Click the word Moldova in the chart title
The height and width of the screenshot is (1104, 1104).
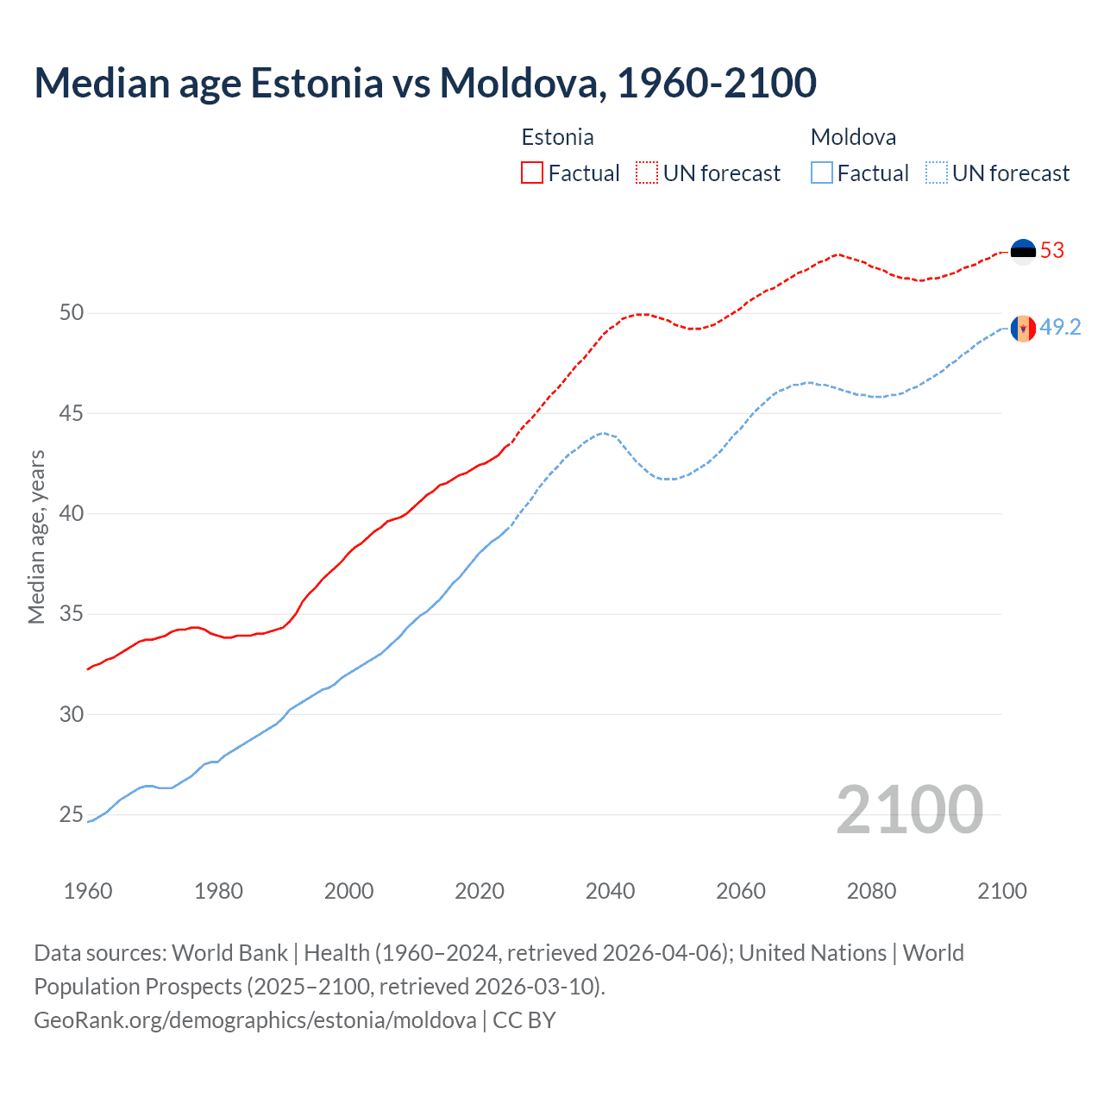pyautogui.click(x=517, y=83)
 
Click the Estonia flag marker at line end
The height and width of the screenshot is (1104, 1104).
pyautogui.click(x=1023, y=252)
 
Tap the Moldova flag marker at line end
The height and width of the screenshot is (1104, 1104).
pyautogui.click(x=1023, y=329)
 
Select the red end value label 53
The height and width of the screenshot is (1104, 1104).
pyautogui.click(x=1052, y=251)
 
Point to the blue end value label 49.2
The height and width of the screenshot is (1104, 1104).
pyautogui.click(x=1060, y=328)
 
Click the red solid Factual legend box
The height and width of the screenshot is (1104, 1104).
pyautogui.click(x=532, y=173)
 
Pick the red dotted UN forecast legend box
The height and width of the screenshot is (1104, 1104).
pyautogui.click(x=647, y=173)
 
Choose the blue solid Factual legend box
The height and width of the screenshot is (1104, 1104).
pyautogui.click(x=822, y=173)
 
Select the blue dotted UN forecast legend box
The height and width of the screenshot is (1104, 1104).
pyautogui.click(x=936, y=173)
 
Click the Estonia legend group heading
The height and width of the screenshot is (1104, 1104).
pyautogui.click(x=557, y=137)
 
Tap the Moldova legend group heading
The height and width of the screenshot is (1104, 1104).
pyautogui.click(x=853, y=137)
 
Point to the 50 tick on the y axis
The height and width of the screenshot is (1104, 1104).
pyautogui.click(x=72, y=312)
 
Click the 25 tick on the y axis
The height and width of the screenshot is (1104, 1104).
pyautogui.click(x=72, y=814)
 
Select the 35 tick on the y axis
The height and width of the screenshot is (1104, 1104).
pyautogui.click(x=72, y=614)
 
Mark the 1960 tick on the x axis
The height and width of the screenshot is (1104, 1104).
pyautogui.click(x=88, y=891)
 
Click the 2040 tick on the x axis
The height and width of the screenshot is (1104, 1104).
pyautogui.click(x=610, y=891)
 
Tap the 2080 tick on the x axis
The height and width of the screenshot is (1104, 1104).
pyautogui.click(x=871, y=891)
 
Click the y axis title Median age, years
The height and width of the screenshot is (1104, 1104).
pyautogui.click(x=36, y=536)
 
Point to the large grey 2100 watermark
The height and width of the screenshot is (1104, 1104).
pyautogui.click(x=909, y=810)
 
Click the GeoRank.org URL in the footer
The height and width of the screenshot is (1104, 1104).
pyautogui.click(x=254, y=1020)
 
